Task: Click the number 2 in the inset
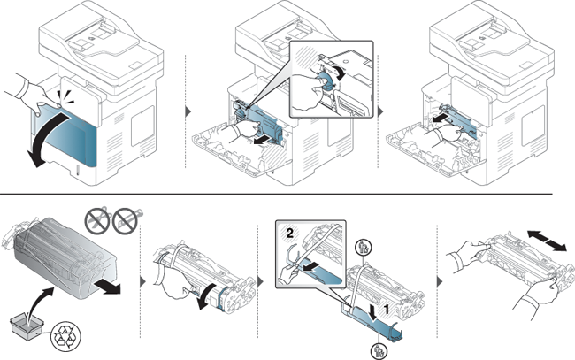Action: [289, 234]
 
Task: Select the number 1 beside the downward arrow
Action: [386, 310]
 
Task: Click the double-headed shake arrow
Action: [547, 241]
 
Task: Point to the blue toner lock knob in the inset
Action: [325, 80]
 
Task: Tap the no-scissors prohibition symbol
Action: [97, 220]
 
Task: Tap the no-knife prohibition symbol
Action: [126, 220]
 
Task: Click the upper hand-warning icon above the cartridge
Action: [363, 248]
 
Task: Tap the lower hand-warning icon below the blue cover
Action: [378, 351]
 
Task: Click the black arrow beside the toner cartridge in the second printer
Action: [261, 142]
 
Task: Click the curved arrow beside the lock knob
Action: [341, 73]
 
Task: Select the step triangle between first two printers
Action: [188, 111]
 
